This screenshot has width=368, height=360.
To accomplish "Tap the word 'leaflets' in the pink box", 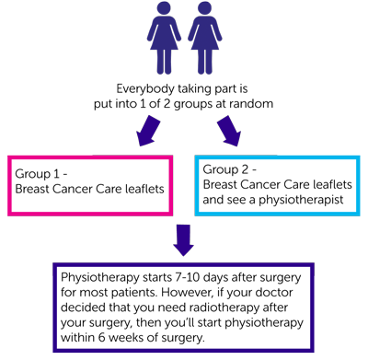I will pyautogui.click(x=140, y=190).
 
